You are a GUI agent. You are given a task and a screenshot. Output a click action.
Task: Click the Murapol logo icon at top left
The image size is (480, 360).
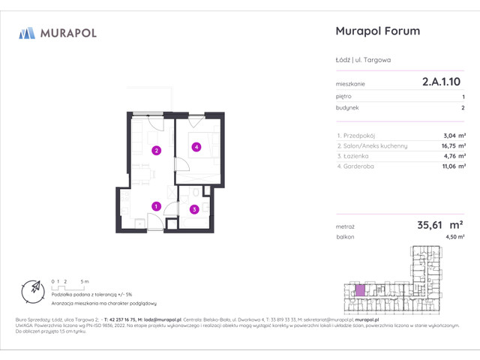coord(27,32)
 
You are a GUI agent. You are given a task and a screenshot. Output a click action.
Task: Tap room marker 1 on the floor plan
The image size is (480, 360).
coord(156,206)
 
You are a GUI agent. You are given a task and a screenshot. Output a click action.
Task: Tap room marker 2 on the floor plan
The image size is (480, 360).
coord(156,150)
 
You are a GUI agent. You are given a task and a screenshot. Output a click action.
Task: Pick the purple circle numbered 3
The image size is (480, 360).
coord(194,209)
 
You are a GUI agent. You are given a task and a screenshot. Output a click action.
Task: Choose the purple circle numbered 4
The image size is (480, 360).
coord(196,147)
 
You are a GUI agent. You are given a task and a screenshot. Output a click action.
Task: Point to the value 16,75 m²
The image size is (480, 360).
coord(453,146)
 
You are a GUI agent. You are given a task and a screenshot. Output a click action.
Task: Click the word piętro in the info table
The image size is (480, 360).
coord(344,97)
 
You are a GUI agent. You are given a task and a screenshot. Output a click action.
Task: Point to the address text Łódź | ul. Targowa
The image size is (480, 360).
coord(364,60)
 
